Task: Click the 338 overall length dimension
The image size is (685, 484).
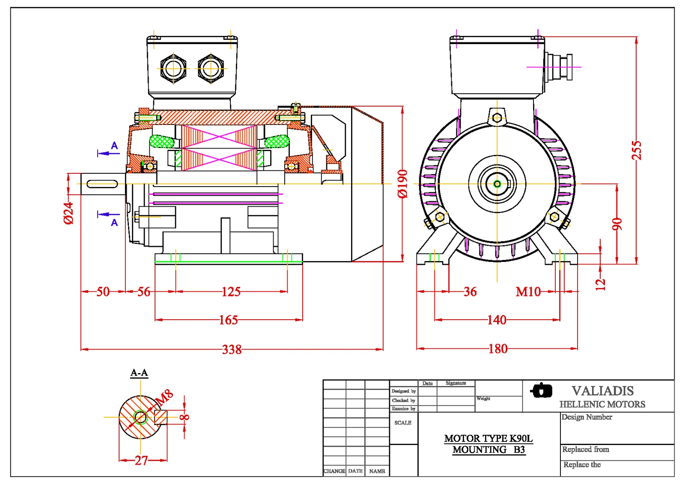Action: tap(232, 350)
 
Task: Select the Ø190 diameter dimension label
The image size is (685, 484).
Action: tap(402, 184)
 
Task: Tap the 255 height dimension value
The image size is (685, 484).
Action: tap(637, 150)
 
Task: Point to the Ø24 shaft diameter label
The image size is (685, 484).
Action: tap(68, 213)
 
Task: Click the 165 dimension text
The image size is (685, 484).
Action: tap(228, 320)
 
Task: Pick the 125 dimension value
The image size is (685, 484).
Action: tap(231, 292)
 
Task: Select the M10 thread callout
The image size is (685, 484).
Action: tap(528, 292)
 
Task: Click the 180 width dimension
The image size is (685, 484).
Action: tap(498, 349)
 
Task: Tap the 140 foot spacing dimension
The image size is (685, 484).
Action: tap(497, 320)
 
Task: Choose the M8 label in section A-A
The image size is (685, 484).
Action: tap(164, 397)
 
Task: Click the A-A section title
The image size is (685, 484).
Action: tap(139, 373)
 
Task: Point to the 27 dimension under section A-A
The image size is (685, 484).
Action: tap(141, 460)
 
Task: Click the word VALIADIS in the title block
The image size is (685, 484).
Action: tap(602, 391)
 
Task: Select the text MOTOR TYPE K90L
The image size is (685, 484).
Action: tap(488, 438)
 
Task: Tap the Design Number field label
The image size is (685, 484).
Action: tap(587, 417)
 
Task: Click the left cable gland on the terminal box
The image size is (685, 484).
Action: tap(173, 68)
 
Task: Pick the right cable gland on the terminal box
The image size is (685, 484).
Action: tap(211, 68)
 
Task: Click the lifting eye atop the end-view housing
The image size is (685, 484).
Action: tap(497, 117)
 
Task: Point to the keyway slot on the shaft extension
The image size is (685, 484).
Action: tap(102, 184)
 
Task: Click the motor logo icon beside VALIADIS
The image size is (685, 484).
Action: tap(542, 390)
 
